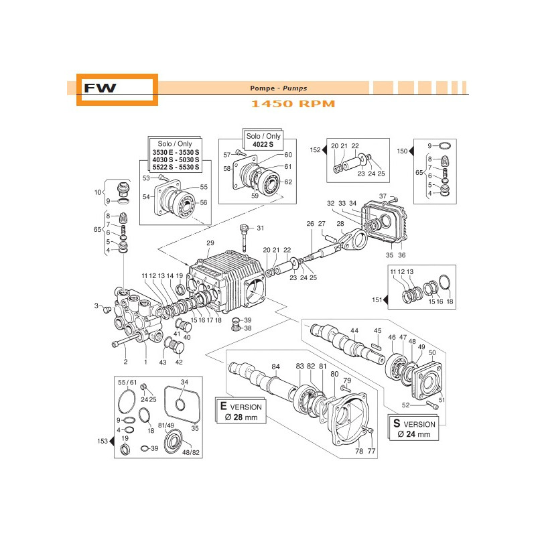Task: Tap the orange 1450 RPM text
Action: pyautogui.click(x=293, y=104)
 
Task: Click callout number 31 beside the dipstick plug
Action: pyautogui.click(x=261, y=228)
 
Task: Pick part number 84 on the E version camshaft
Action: pyautogui.click(x=275, y=366)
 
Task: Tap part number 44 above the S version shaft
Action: pyautogui.click(x=354, y=331)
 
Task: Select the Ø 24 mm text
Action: pyautogui.click(x=414, y=434)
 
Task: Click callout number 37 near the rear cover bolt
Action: pyautogui.click(x=383, y=196)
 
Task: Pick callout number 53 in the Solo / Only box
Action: pyautogui.click(x=145, y=178)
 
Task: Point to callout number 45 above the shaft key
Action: pyautogui.click(x=377, y=330)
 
